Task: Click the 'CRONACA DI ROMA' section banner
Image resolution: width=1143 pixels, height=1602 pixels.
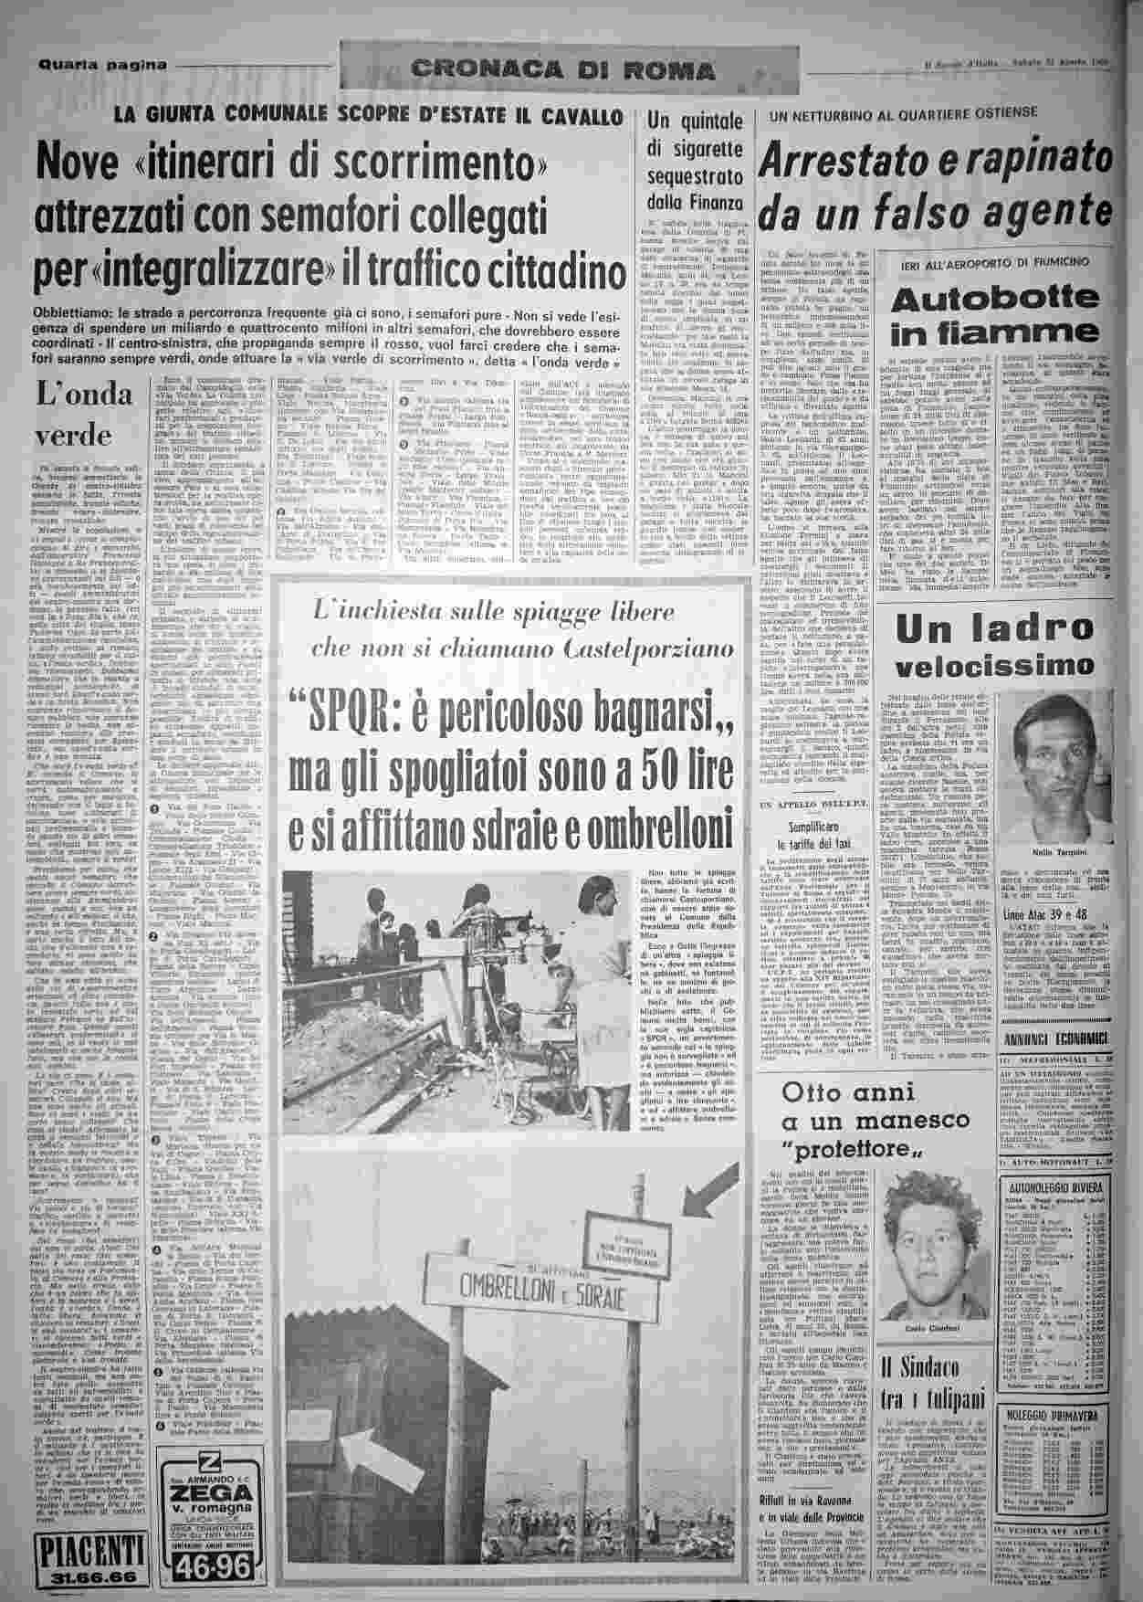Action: coord(563,69)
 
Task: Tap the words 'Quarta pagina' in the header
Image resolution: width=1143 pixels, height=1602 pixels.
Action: coord(103,64)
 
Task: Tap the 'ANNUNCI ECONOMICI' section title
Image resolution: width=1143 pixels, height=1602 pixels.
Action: coord(1054,1039)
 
